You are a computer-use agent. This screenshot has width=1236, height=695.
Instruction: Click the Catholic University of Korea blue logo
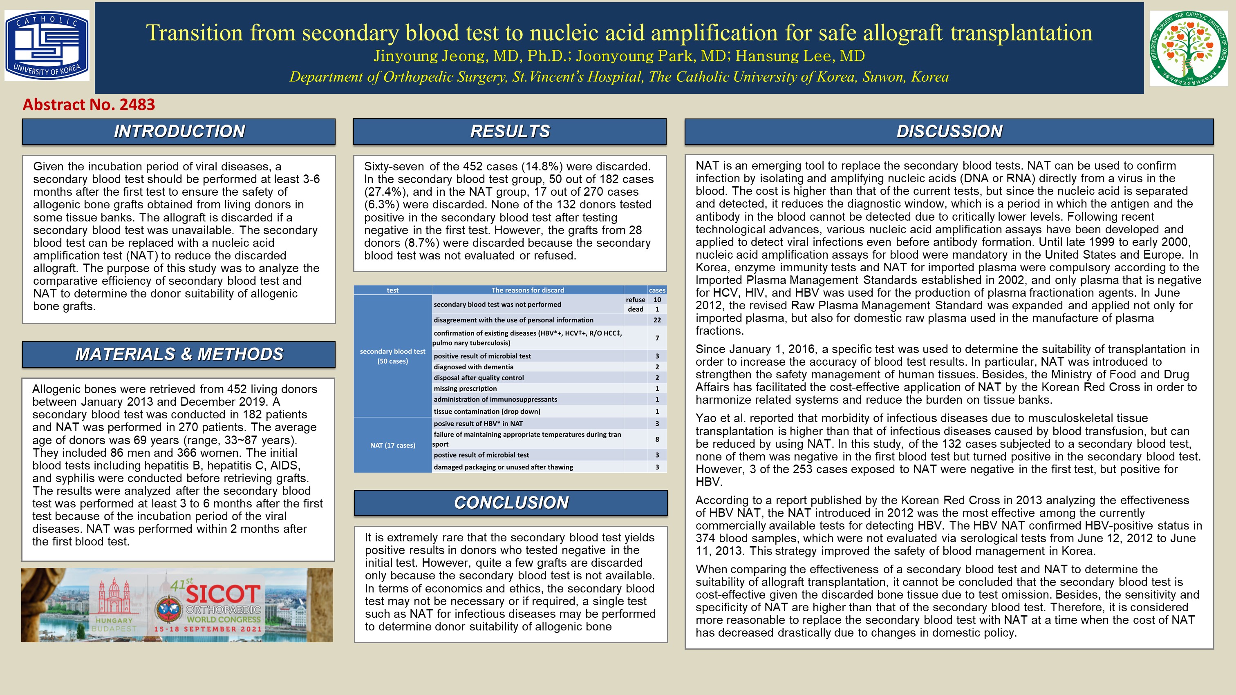[x=47, y=46]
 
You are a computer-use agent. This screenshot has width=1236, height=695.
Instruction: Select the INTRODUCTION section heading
[x=179, y=132]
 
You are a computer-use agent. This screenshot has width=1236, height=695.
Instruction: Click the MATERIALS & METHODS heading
[x=179, y=354]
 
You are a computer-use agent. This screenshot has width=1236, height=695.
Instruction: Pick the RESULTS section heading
[x=510, y=132]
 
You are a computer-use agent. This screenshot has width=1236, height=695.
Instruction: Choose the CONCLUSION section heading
[x=511, y=503]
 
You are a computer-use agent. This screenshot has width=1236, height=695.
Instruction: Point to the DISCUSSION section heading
[x=949, y=132]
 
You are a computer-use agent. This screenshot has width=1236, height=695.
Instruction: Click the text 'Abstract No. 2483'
[x=89, y=105]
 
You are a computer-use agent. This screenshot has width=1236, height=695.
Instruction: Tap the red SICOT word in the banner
[x=223, y=594]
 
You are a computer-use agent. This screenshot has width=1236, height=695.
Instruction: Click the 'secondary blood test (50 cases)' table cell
[x=392, y=356]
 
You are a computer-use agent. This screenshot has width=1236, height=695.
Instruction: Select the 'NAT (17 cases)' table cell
[x=392, y=445]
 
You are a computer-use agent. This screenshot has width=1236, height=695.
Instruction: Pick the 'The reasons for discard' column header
[x=527, y=290]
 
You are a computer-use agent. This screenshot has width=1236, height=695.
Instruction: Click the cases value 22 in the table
[x=657, y=320]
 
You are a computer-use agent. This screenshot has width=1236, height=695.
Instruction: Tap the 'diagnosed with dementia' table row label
[x=474, y=367]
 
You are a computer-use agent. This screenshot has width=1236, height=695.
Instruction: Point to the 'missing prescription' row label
[x=466, y=389]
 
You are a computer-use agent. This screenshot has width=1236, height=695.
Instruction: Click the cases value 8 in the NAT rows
[x=657, y=439]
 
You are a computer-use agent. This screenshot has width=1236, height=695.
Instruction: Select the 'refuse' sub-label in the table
[x=635, y=300]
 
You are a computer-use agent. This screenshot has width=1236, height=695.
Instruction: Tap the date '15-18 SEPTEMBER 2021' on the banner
[x=208, y=629]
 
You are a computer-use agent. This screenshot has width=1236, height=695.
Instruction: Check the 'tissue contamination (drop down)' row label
[x=487, y=411]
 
